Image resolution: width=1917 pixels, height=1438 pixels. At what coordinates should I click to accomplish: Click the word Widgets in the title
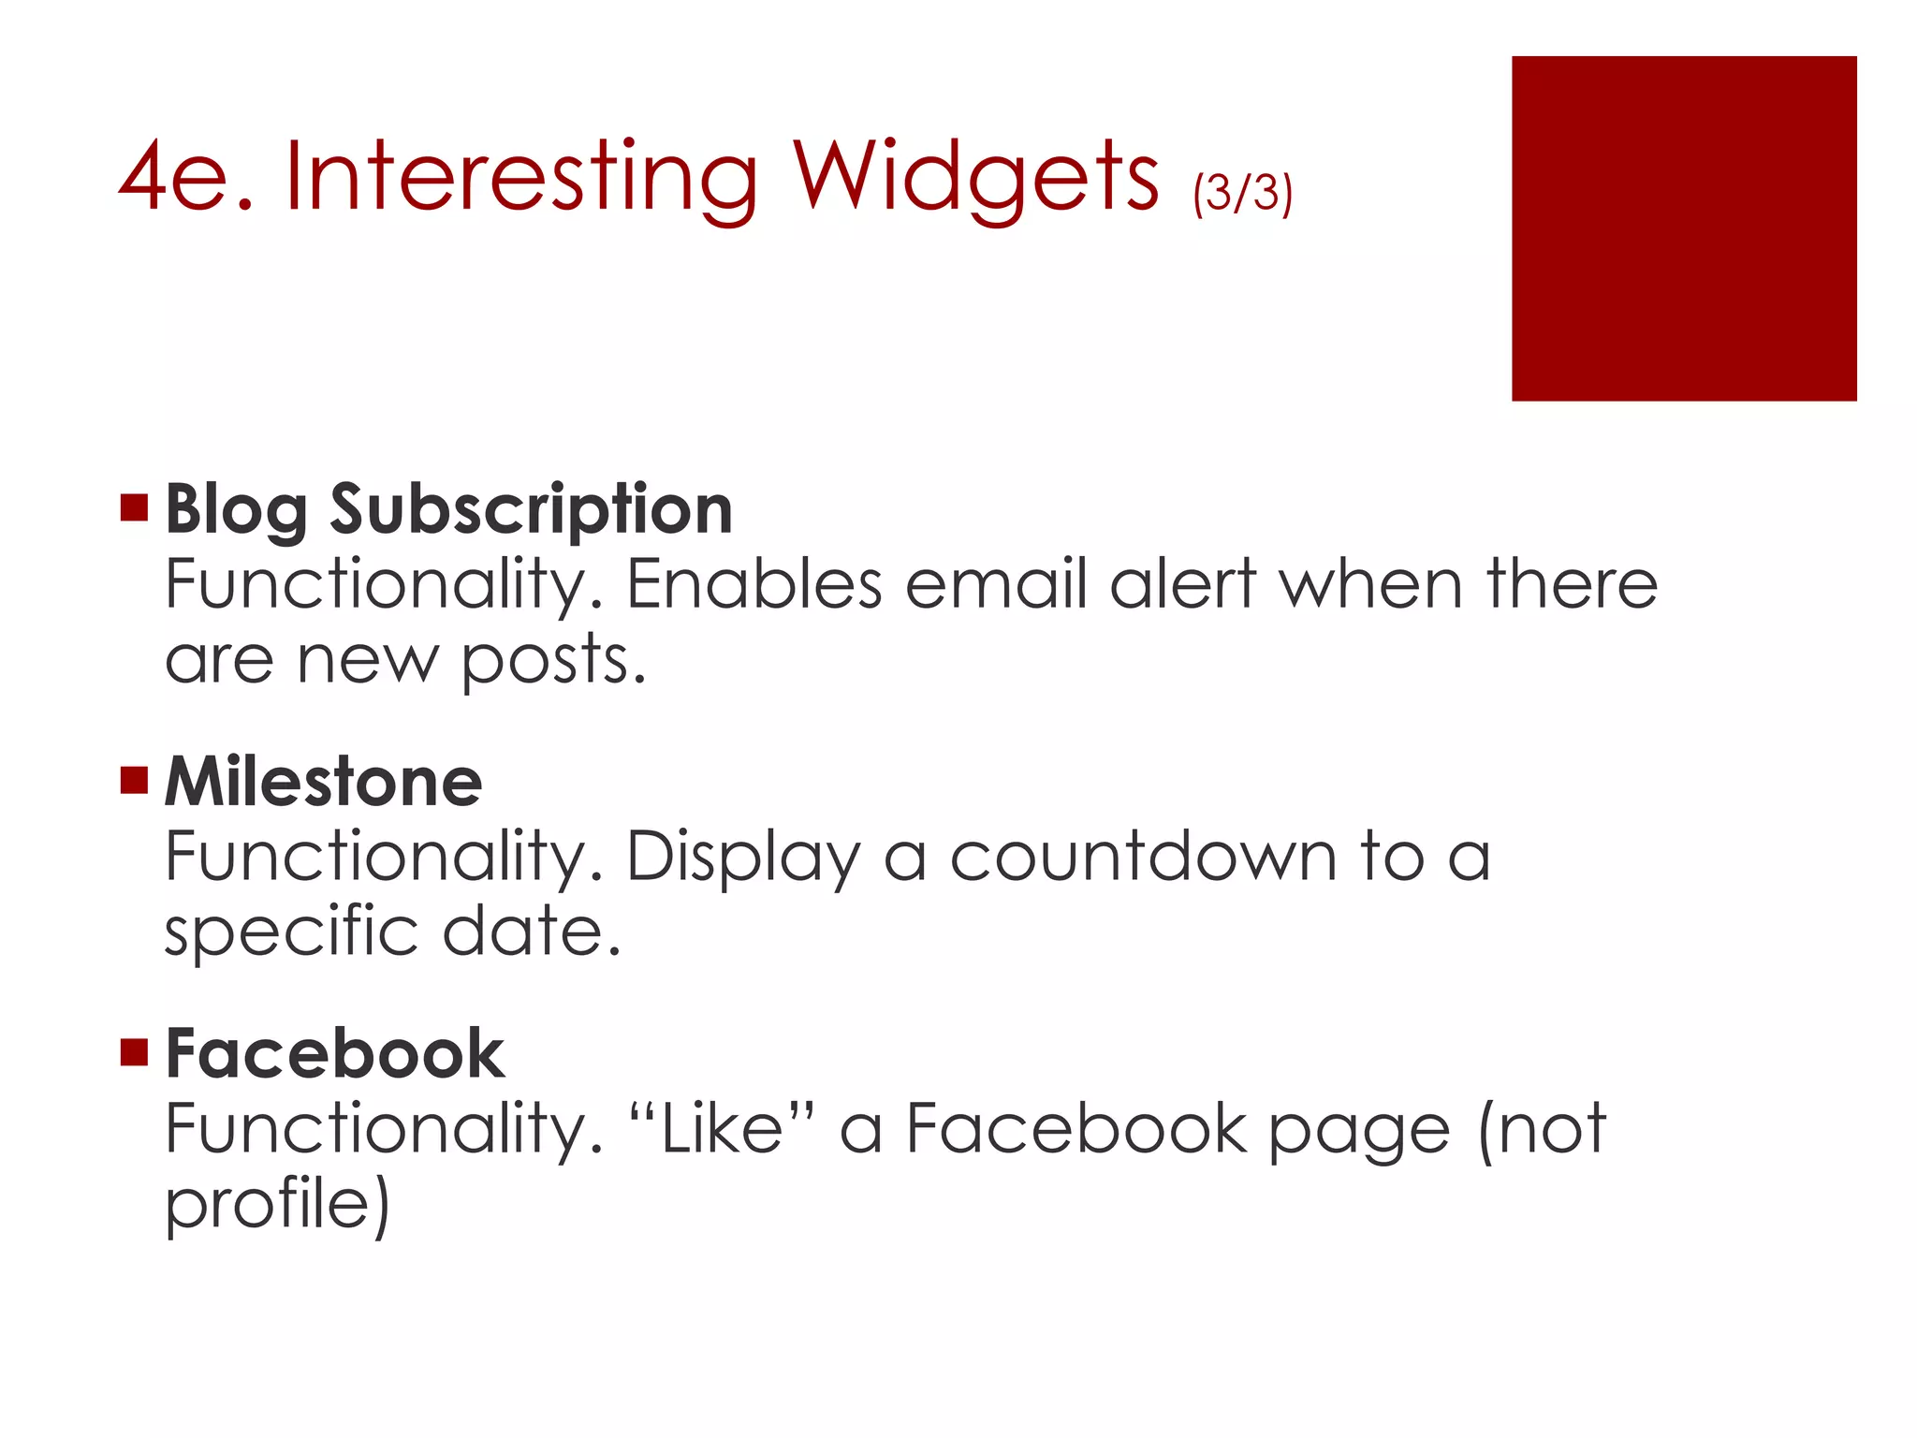(x=976, y=178)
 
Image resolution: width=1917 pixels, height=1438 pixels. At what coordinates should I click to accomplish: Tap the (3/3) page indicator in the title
(x=1242, y=192)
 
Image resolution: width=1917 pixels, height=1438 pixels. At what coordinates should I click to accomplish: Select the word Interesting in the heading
(x=520, y=178)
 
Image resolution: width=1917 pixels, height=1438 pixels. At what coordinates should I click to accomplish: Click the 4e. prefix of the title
(x=186, y=178)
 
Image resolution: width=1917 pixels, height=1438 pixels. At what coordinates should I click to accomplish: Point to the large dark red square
(x=1683, y=228)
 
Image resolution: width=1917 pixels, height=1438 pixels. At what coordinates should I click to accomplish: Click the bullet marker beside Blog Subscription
(x=135, y=507)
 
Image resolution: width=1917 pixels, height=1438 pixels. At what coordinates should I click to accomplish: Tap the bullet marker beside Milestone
(x=135, y=779)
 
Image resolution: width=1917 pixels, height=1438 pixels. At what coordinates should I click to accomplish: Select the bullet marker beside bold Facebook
(x=135, y=1052)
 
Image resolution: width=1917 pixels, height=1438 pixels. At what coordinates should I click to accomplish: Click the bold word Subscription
(x=531, y=511)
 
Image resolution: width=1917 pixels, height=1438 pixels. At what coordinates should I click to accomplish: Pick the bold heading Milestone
(x=323, y=782)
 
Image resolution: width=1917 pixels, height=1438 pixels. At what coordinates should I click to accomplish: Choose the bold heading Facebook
(x=334, y=1054)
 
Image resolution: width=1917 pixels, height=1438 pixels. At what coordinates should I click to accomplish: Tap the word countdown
(x=1143, y=857)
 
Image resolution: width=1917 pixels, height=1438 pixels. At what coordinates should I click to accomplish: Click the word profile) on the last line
(x=277, y=1205)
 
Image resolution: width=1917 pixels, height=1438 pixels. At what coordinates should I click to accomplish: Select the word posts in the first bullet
(x=553, y=661)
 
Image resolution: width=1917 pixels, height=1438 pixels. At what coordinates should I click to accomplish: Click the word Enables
(x=754, y=585)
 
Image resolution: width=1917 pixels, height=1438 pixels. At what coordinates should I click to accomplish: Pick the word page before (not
(x=1359, y=1131)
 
